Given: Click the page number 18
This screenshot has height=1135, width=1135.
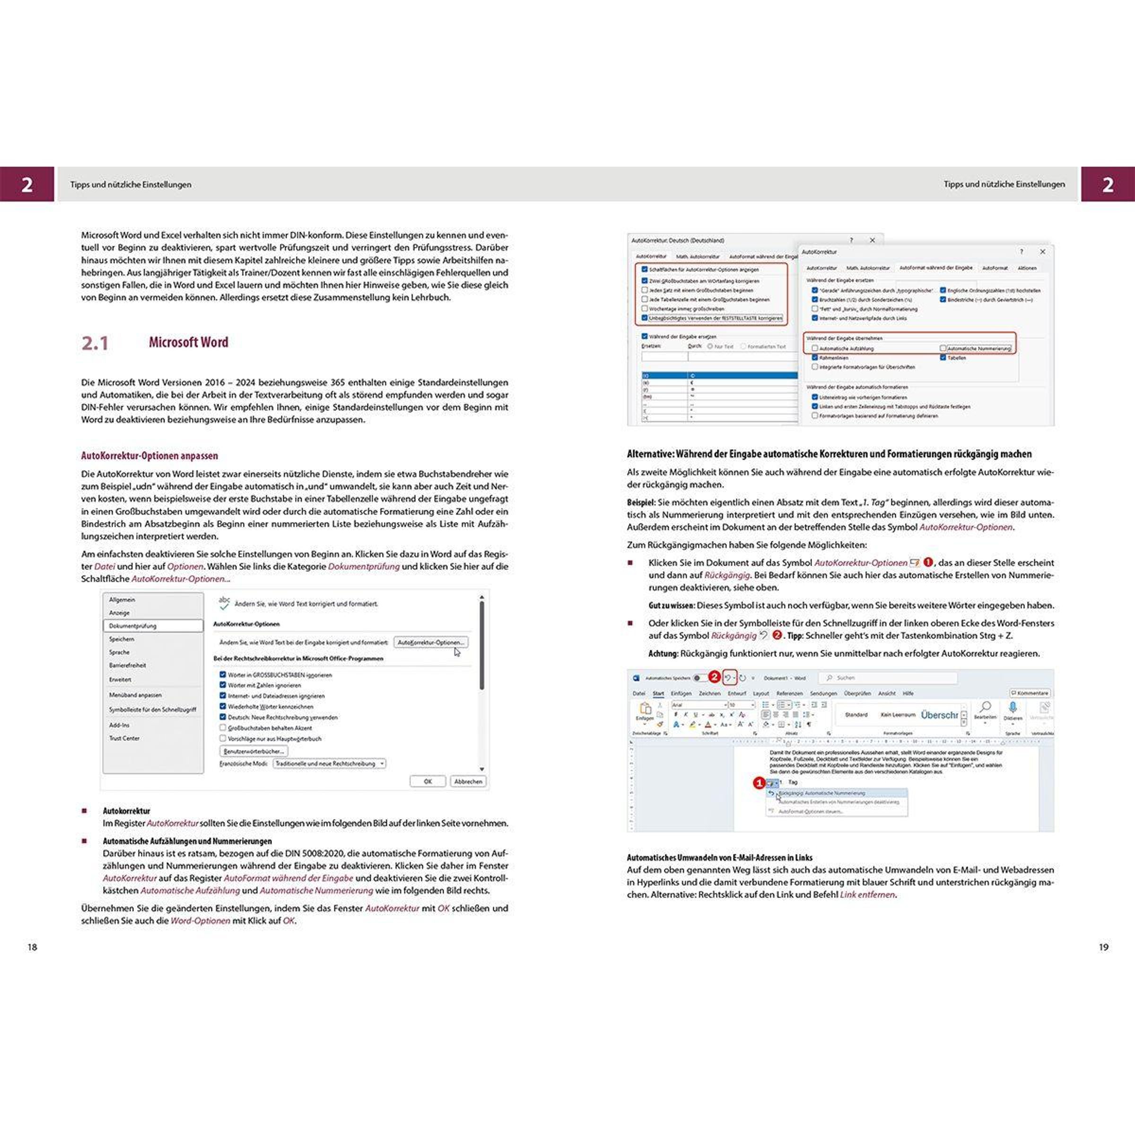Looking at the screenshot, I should (x=32, y=947).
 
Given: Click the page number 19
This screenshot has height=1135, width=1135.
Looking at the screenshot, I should (x=1103, y=947).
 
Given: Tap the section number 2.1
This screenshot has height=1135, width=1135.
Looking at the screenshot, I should (x=95, y=343).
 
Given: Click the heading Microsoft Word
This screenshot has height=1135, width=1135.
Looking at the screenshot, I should (x=188, y=342).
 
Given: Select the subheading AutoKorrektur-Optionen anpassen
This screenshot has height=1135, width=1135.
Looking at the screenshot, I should (x=149, y=455).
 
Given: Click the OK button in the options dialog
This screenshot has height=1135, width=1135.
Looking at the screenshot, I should (x=427, y=781).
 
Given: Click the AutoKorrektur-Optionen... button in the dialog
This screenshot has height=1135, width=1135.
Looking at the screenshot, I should (x=431, y=642).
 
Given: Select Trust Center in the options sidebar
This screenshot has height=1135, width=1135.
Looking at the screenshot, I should (x=124, y=738).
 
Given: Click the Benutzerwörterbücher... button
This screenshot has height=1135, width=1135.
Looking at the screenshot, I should (x=254, y=751).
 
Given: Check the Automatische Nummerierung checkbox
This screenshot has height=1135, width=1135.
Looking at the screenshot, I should (x=943, y=349).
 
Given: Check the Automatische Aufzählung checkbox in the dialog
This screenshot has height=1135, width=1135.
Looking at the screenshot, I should (x=815, y=349).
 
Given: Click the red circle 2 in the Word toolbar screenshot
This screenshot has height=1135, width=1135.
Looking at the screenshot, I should (x=714, y=677).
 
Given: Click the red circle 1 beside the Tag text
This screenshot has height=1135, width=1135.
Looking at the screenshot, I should (x=759, y=783).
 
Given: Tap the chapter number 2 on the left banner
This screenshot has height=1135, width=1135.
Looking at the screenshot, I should (x=27, y=184).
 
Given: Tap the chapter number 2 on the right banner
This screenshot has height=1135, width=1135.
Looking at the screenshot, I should (x=1108, y=184).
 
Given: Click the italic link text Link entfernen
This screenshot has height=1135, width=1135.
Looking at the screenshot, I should (x=867, y=895).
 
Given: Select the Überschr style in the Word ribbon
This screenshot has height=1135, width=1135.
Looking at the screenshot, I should (x=939, y=715).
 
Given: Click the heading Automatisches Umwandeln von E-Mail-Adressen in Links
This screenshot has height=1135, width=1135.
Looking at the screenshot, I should (x=719, y=858).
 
